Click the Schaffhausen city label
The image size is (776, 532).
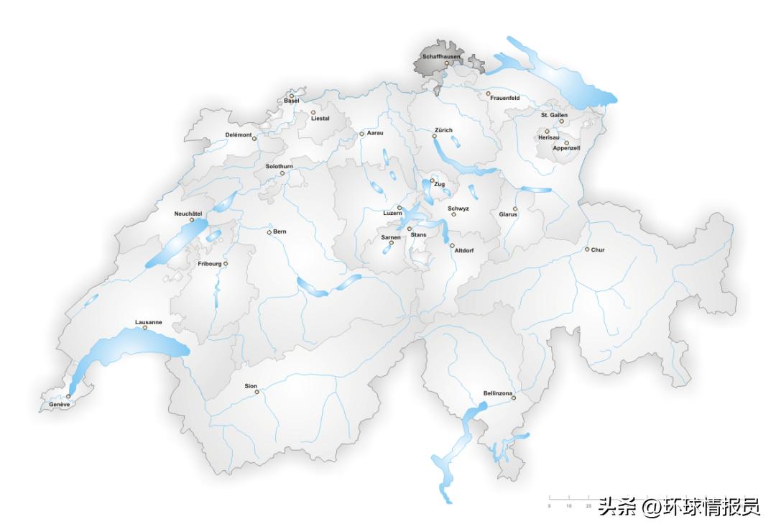441,56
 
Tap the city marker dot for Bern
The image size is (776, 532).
269,232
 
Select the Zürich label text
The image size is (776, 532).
443,130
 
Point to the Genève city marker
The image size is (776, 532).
68,396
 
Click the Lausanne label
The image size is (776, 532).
149,322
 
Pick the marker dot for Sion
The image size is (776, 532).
257,392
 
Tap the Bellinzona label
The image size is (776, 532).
498,393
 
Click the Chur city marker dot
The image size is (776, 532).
586,249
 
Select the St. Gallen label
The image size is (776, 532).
554,115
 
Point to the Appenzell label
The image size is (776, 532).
566,148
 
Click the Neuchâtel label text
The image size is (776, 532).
188,214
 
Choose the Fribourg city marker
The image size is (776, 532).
226,264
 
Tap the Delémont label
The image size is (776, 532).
239,134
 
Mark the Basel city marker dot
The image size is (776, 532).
292,96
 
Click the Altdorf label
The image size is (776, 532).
464,250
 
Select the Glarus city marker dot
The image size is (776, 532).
514,208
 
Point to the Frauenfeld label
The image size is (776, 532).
504,98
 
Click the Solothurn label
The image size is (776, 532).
279,166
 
